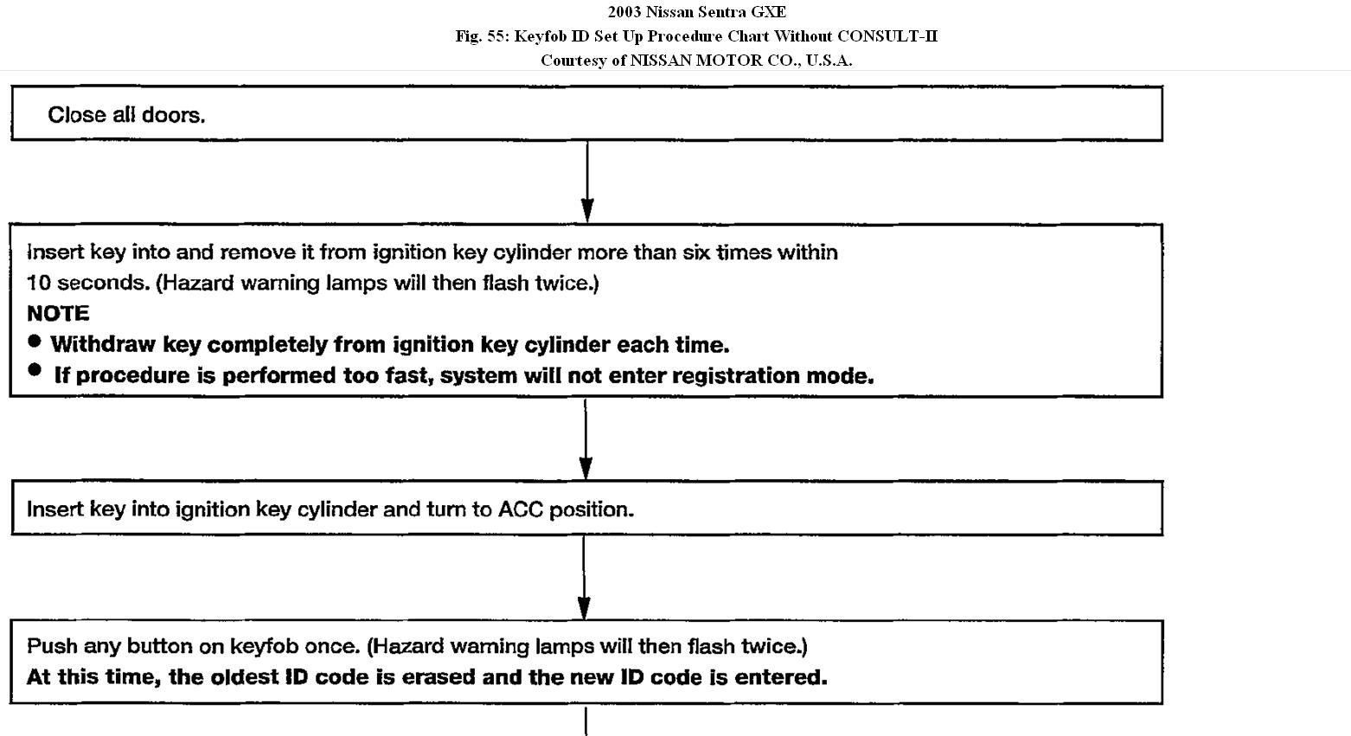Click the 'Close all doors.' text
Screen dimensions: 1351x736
(126, 115)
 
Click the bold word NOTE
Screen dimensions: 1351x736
(58, 313)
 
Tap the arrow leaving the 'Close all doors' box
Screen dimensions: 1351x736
(587, 182)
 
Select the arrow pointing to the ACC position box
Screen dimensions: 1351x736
(586, 438)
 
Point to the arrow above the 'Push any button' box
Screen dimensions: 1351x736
(584, 578)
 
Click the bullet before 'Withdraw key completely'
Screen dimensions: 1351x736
(35, 342)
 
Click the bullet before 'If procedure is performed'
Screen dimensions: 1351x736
(35, 370)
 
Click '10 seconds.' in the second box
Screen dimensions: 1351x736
(88, 283)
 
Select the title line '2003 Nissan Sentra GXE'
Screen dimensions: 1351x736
(696, 11)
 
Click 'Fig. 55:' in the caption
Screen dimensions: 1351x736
(483, 36)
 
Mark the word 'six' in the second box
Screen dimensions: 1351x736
(696, 253)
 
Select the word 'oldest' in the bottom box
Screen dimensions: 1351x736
(244, 677)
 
